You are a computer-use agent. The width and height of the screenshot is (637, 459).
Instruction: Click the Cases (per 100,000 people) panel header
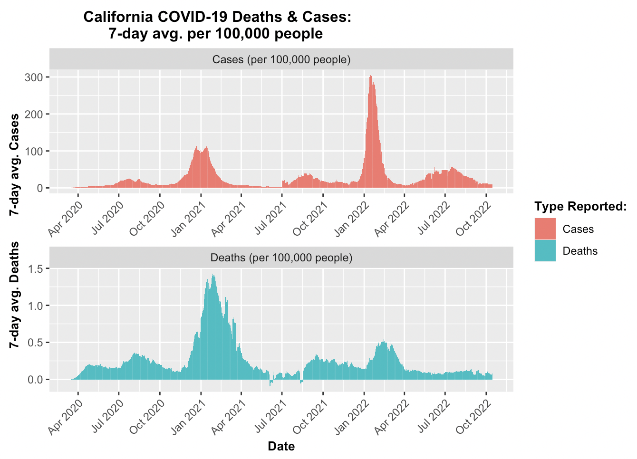[x=281, y=59]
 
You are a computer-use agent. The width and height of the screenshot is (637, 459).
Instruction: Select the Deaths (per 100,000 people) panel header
[x=281, y=258]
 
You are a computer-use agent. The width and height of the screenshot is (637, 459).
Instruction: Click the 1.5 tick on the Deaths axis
[x=36, y=268]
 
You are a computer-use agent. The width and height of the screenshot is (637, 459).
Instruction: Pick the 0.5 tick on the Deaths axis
[x=36, y=343]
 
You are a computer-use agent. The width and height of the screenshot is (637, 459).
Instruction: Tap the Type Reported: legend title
[x=580, y=207]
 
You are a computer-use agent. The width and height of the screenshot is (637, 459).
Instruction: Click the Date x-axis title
[x=281, y=446]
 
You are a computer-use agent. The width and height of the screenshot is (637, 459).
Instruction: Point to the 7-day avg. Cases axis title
[x=15, y=164]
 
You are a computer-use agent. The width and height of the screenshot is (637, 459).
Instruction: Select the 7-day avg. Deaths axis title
[x=15, y=295]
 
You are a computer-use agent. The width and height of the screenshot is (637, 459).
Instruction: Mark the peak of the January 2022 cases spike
[x=371, y=76]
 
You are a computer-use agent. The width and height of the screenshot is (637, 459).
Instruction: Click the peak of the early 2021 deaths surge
[x=213, y=275]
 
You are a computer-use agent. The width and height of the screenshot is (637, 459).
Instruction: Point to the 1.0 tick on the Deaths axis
[x=36, y=306]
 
